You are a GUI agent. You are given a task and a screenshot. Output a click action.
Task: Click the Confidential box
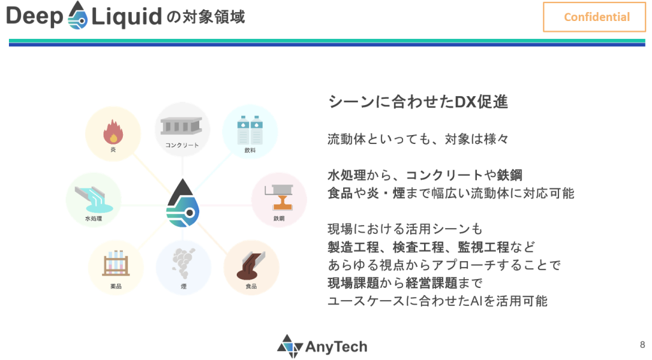(594, 17)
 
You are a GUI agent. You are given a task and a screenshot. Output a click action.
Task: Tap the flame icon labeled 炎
(113, 131)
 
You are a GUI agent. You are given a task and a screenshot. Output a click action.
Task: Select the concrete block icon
(181, 126)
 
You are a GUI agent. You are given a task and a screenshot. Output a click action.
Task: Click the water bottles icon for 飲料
(250, 130)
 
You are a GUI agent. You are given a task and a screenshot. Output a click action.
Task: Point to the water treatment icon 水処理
(94, 199)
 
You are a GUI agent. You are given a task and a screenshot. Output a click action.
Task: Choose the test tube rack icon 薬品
(116, 263)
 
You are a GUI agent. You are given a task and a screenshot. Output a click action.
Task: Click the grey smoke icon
(183, 263)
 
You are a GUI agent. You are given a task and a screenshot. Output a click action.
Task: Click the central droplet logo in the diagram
(183, 203)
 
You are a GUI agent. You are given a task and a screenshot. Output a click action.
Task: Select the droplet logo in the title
(77, 15)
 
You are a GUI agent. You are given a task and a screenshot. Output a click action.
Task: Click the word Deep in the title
(34, 17)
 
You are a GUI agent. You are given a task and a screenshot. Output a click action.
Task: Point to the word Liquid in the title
(127, 17)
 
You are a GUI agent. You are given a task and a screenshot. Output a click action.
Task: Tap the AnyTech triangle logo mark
(290, 346)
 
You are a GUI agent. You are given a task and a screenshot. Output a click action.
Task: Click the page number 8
(642, 345)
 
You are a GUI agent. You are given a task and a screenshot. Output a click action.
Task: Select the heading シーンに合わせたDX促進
(418, 102)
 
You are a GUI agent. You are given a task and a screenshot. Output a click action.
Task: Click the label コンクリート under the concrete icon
(181, 145)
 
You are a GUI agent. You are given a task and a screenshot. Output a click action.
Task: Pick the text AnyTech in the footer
(336, 347)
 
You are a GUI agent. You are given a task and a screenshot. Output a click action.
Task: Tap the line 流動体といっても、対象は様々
(418, 139)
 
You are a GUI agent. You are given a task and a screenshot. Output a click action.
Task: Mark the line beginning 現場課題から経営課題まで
(405, 283)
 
